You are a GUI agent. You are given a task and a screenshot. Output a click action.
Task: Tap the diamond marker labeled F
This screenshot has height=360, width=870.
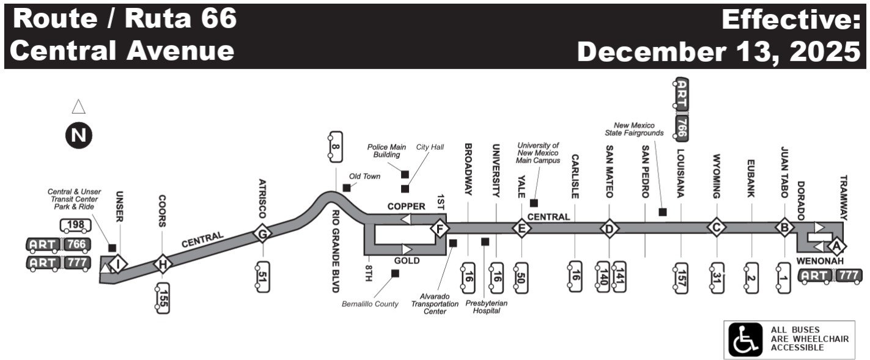(439, 229)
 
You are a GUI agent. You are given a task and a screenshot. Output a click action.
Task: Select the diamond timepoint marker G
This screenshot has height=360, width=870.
(263, 233)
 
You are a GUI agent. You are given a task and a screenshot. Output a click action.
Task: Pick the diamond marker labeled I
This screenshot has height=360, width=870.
(120, 263)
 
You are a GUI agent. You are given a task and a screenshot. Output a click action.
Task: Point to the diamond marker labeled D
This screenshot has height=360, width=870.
(609, 229)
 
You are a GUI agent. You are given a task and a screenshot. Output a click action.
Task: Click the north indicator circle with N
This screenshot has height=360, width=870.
(79, 135)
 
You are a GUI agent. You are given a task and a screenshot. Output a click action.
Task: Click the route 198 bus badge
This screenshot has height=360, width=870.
(76, 226)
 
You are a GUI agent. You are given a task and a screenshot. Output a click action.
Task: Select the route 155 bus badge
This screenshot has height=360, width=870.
(162, 298)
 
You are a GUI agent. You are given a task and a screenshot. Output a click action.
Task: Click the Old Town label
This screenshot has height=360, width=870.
(364, 177)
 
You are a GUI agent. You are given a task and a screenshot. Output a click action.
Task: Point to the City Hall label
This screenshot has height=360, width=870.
(430, 147)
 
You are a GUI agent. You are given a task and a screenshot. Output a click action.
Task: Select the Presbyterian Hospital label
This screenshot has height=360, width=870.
(482, 306)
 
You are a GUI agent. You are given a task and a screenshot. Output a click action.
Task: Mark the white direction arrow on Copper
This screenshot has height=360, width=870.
(405, 219)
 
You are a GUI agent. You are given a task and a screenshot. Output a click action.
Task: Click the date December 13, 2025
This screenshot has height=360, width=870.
(718, 51)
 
